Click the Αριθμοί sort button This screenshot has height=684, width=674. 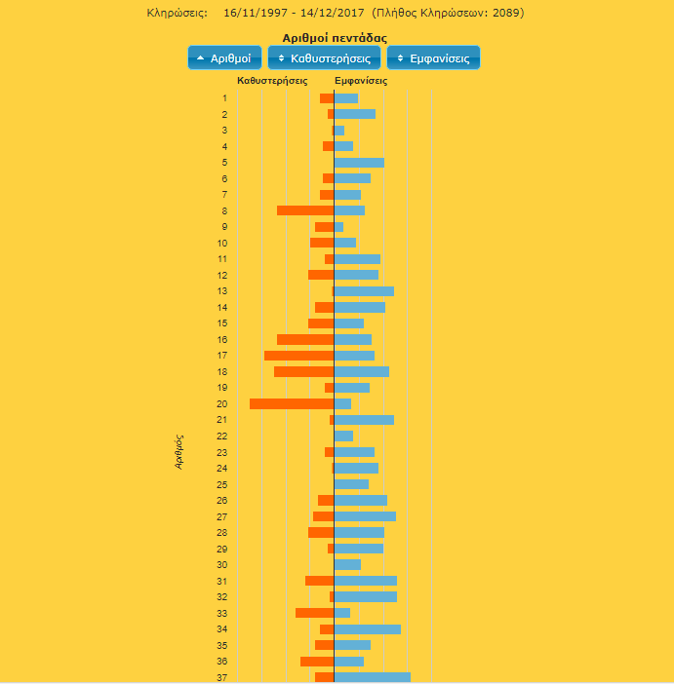[225, 58]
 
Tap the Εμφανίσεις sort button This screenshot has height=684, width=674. [433, 58]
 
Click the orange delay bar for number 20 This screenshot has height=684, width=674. [292, 403]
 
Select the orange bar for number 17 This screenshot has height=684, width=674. [298, 356]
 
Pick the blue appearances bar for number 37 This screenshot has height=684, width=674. [373, 677]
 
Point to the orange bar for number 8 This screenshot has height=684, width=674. [305, 210]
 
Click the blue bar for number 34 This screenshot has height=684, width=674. [368, 629]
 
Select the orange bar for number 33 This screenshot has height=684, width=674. [314, 613]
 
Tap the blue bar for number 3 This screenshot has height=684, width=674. [339, 131]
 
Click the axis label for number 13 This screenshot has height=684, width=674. [222, 291]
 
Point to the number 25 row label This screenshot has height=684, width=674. [222, 484]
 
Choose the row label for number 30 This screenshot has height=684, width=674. [222, 565]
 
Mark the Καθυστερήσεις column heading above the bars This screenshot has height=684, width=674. [272, 81]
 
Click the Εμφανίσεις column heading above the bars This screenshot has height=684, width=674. [361, 81]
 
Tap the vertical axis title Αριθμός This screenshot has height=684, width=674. [179, 452]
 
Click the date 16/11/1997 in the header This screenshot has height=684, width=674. [255, 13]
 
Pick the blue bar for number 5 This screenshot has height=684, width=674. [359, 163]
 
